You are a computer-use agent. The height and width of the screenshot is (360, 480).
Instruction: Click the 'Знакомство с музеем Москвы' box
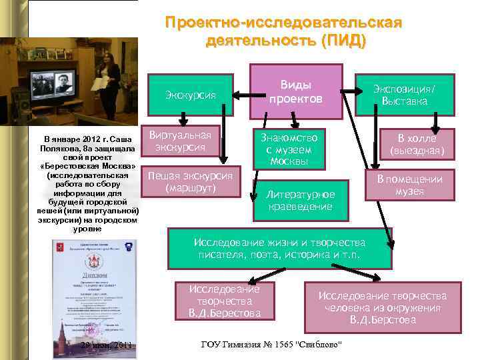click(289, 148)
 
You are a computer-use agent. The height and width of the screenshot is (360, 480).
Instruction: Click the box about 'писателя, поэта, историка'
click(279, 247)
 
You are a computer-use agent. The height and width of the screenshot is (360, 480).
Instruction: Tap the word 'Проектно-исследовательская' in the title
click(283, 23)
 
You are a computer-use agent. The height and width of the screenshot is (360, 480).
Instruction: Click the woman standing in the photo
click(111, 78)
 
